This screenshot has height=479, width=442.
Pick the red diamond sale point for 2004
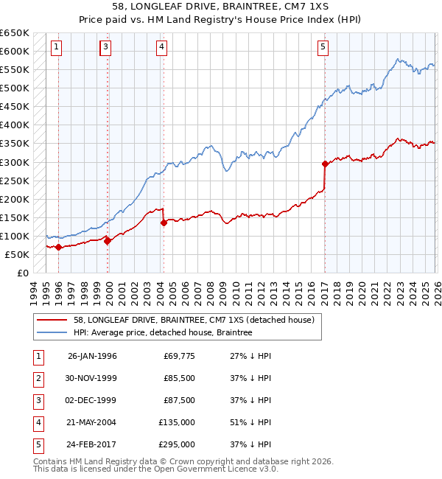pos(164,223)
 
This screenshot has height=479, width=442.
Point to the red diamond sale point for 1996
pos(58,247)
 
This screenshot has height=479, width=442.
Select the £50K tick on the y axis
pos(18,254)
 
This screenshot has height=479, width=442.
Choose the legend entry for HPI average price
pos(163,333)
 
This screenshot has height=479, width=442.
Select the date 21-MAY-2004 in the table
pos(92,424)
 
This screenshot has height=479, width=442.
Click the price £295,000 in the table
pos(178,444)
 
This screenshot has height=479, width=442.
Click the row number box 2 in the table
pos(37,378)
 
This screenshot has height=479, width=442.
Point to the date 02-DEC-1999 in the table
pos(92,400)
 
